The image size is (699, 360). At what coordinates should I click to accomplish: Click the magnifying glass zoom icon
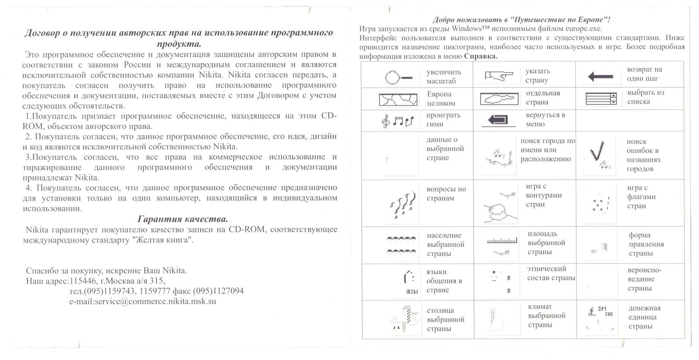(399, 78)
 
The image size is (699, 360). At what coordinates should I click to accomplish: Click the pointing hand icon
(499, 77)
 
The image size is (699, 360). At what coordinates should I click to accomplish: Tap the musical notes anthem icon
(397, 121)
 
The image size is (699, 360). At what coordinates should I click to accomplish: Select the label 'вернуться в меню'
(546, 120)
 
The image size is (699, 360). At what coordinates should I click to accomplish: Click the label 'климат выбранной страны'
(546, 316)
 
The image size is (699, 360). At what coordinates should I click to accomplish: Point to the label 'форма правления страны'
(646, 244)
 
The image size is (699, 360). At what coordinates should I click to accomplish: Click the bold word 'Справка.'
(481, 56)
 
